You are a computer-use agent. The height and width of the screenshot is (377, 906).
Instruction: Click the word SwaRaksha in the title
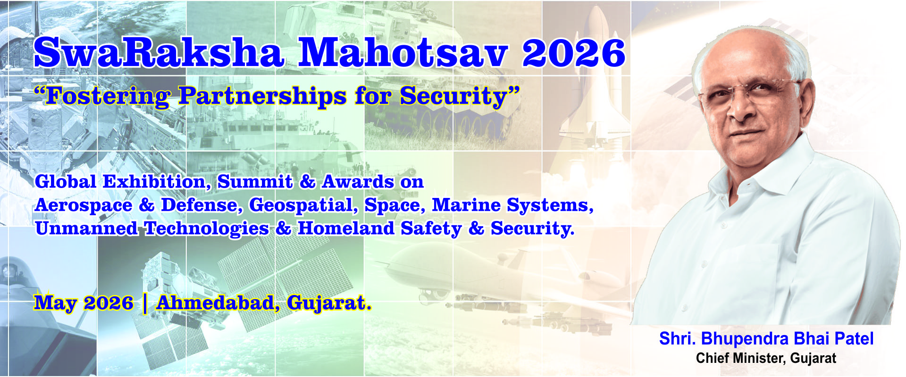(159, 52)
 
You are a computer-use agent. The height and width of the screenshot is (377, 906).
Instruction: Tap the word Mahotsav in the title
(403, 52)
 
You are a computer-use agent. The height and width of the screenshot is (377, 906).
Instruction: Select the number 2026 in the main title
(574, 53)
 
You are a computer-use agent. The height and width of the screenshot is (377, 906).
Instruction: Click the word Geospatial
(301, 205)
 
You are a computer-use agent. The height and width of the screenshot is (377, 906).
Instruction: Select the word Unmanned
(86, 228)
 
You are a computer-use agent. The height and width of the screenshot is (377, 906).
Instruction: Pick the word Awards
(358, 182)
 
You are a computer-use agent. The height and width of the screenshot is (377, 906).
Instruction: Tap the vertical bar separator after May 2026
(144, 303)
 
